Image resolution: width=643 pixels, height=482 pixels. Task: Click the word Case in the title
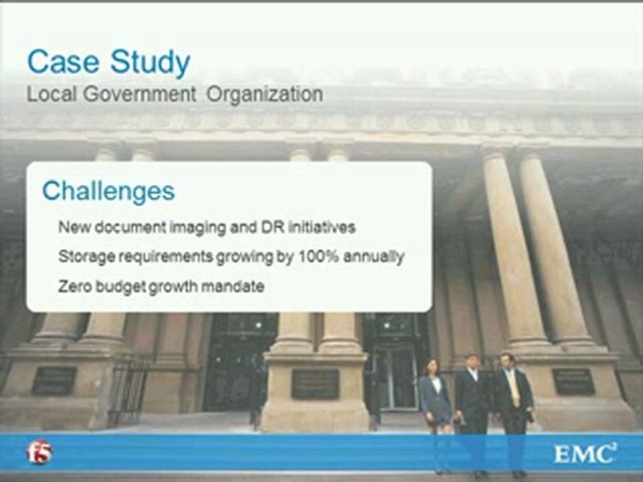[63, 62]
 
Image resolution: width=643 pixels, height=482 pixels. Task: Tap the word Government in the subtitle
[139, 94]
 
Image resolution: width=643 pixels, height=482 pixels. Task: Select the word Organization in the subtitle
[265, 94]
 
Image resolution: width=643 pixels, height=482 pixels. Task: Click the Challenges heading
[109, 191]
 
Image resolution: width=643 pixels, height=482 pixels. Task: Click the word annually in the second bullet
[374, 257]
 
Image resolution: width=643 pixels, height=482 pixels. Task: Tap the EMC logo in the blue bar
[585, 453]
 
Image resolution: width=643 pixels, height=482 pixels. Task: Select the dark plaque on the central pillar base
[315, 384]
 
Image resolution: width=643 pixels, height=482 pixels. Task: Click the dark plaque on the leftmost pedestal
[54, 381]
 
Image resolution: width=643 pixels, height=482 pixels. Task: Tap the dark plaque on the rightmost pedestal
[573, 382]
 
